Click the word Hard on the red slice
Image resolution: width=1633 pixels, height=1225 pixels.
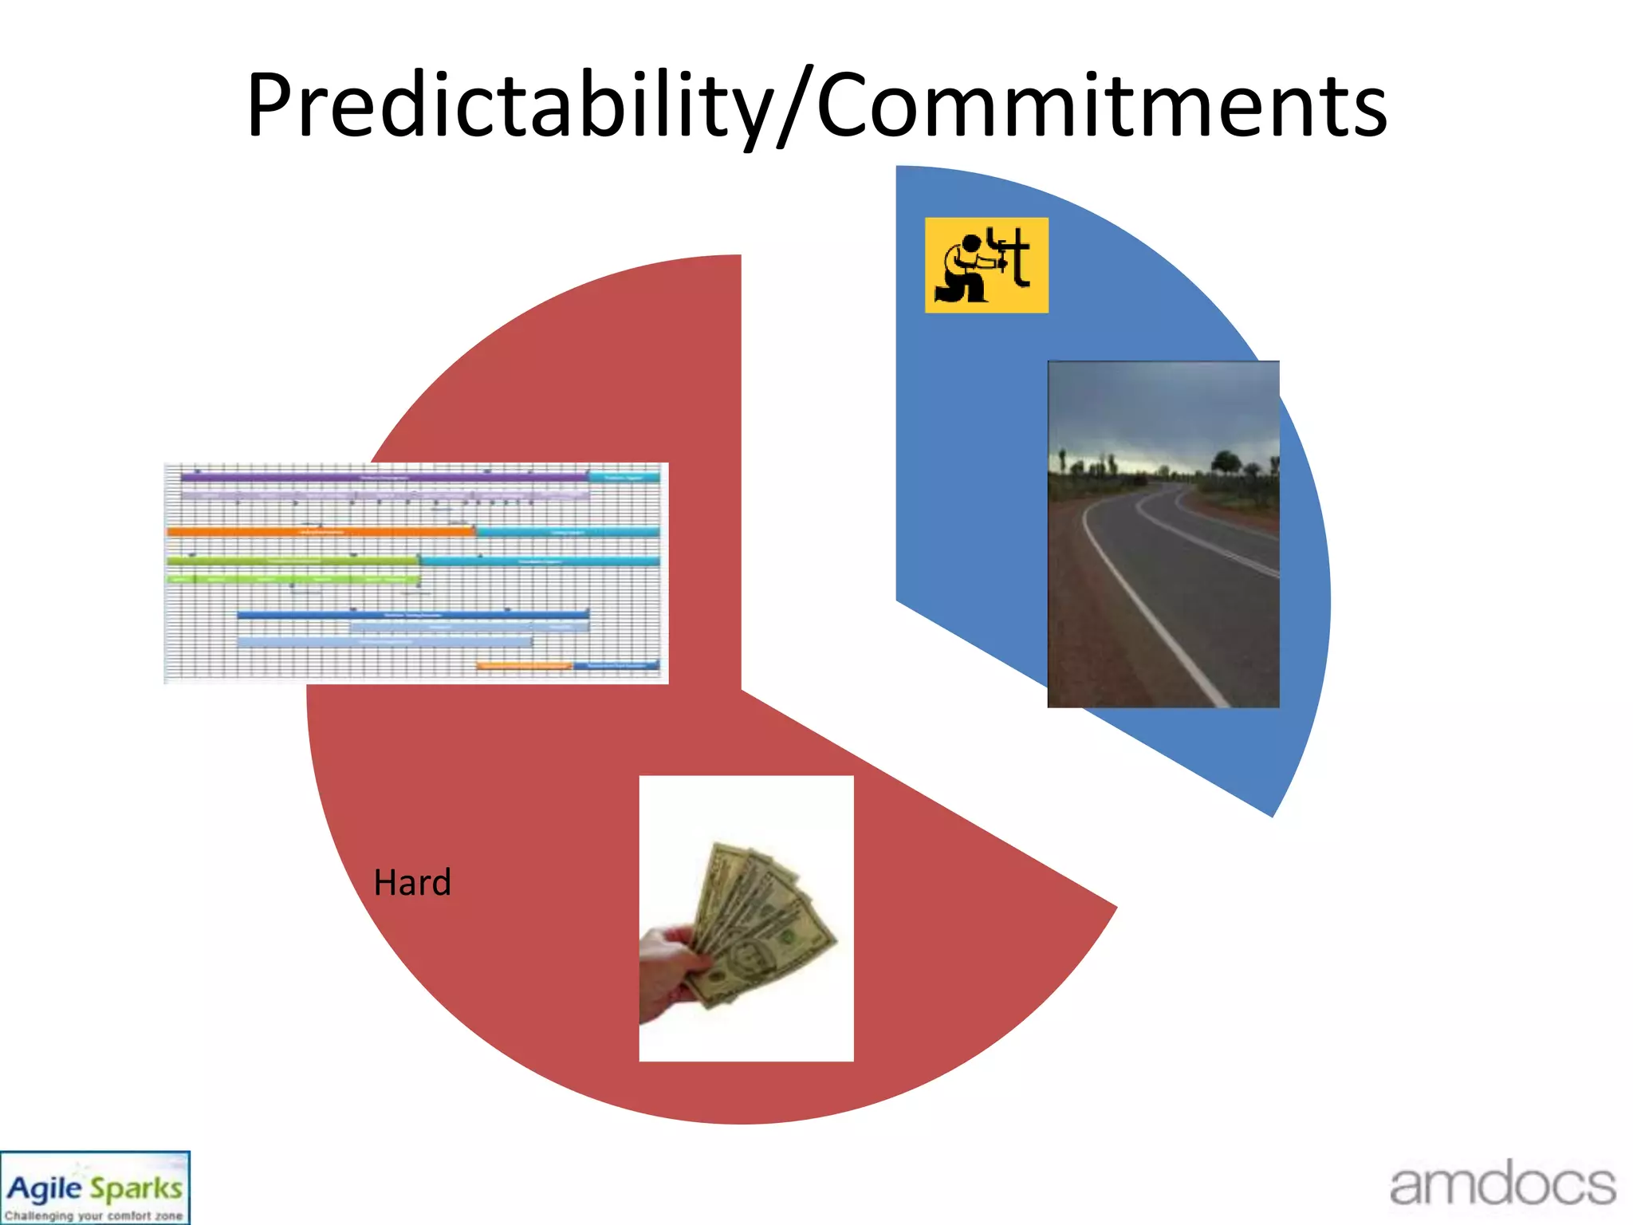click(x=412, y=883)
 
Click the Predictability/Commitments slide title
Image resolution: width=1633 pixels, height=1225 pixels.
click(x=816, y=106)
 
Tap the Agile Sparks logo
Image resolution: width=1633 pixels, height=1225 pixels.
click(x=94, y=1188)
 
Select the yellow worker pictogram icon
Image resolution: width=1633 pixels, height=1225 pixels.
click(x=986, y=265)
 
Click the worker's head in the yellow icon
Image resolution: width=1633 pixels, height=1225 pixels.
click(x=971, y=242)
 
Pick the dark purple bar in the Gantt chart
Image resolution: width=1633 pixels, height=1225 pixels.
click(x=383, y=477)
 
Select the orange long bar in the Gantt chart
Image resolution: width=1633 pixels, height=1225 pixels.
click(x=319, y=531)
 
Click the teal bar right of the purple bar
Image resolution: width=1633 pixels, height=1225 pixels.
click(x=624, y=477)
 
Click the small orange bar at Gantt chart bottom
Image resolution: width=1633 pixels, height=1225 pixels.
click(x=524, y=665)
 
